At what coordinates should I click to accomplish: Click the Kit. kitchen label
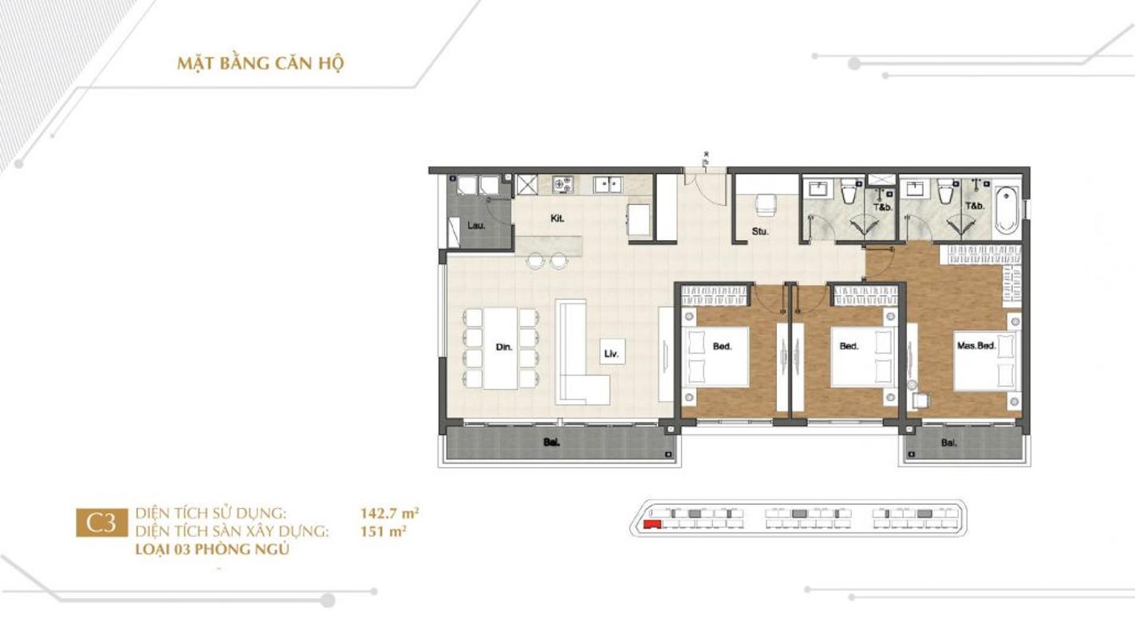coord(558,219)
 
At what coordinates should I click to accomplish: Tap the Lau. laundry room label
coord(476,226)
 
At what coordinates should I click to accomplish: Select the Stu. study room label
coord(760,231)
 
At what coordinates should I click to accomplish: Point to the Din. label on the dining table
coord(503,347)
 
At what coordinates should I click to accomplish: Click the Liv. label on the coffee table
coord(612,354)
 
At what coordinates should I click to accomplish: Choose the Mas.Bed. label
coord(976,345)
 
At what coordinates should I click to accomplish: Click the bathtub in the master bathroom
coord(1007,210)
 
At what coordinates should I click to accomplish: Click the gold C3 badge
coord(102,522)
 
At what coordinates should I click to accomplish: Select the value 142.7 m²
coord(389,513)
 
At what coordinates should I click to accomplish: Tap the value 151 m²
coord(383,531)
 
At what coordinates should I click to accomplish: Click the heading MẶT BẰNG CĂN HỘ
coord(261,63)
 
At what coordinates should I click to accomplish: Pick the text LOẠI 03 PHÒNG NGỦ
coord(212,549)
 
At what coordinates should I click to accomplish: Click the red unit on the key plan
coord(651,525)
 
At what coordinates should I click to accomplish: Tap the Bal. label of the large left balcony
coord(551,443)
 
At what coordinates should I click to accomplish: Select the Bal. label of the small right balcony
coord(949,443)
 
